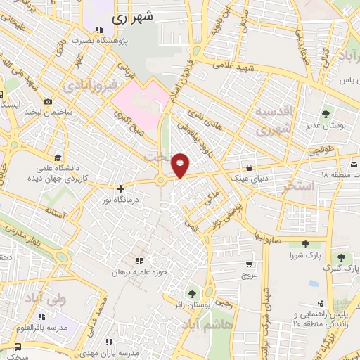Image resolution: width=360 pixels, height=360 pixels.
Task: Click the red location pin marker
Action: pyautogui.click(x=181, y=165)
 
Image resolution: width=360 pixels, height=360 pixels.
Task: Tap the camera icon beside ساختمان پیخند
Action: pyautogui.click(x=47, y=101)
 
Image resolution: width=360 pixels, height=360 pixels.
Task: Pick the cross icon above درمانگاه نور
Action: pyautogui.click(x=121, y=188)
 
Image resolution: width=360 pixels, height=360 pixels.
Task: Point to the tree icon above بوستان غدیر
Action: pyautogui.click(x=326, y=113)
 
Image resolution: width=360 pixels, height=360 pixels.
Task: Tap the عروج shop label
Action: pyautogui.click(x=251, y=276)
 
